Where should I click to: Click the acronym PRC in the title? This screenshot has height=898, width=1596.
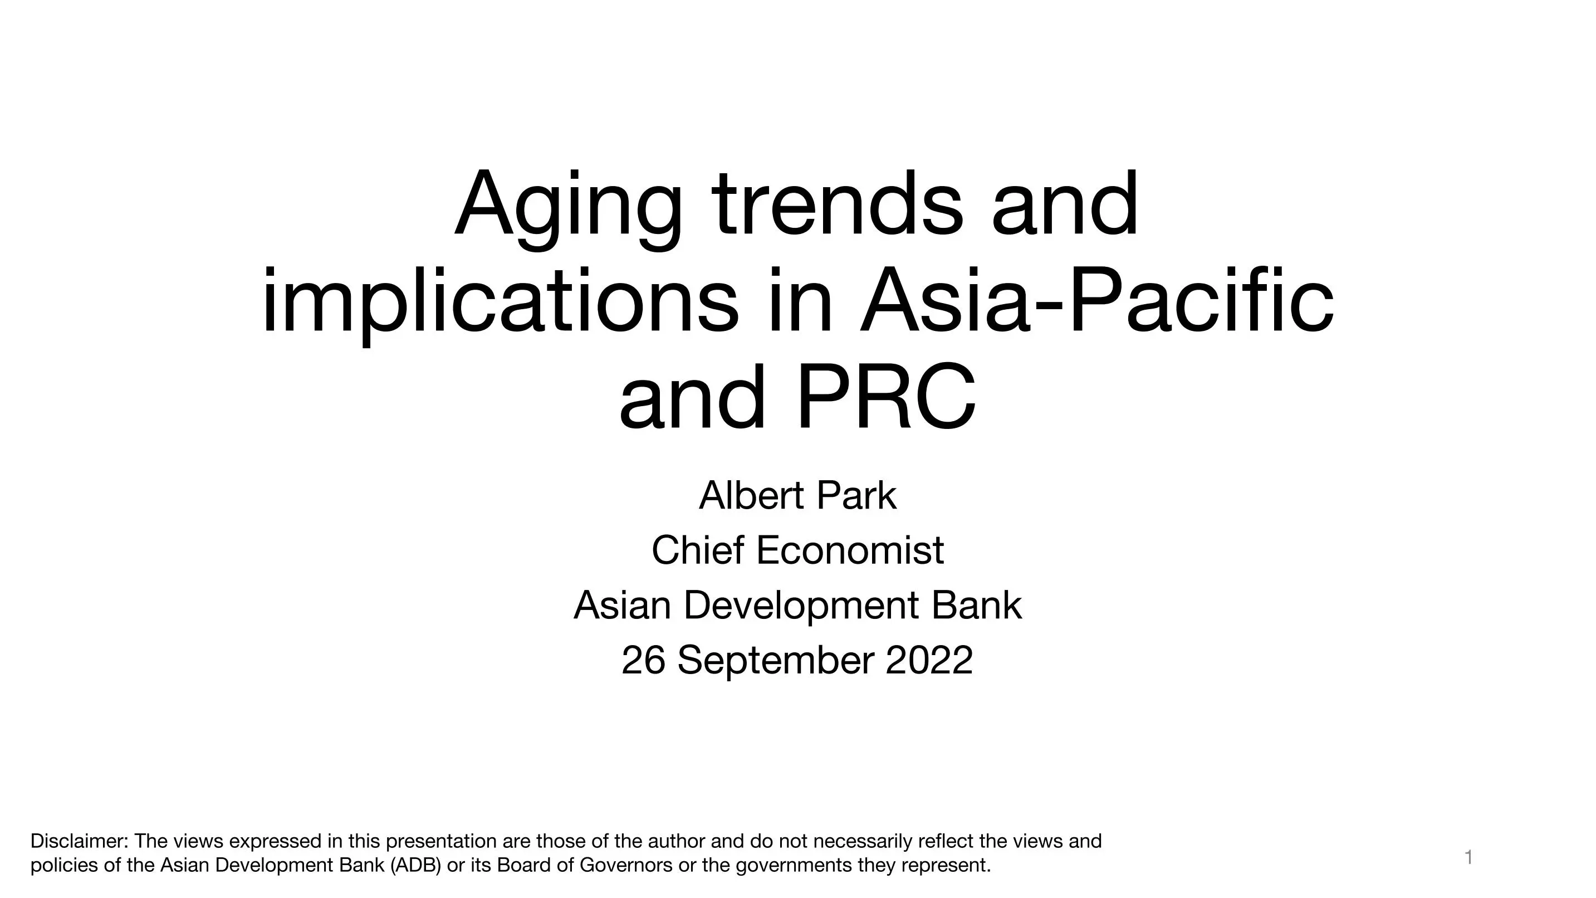(x=887, y=397)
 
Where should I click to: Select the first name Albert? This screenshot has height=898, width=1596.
(x=752, y=495)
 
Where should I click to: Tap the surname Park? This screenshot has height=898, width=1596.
(x=856, y=495)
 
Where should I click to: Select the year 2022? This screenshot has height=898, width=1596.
(x=929, y=660)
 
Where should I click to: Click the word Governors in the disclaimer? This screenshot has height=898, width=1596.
(x=626, y=865)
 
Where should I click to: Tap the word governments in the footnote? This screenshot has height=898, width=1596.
(x=794, y=866)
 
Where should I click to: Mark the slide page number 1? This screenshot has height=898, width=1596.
(x=1468, y=858)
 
